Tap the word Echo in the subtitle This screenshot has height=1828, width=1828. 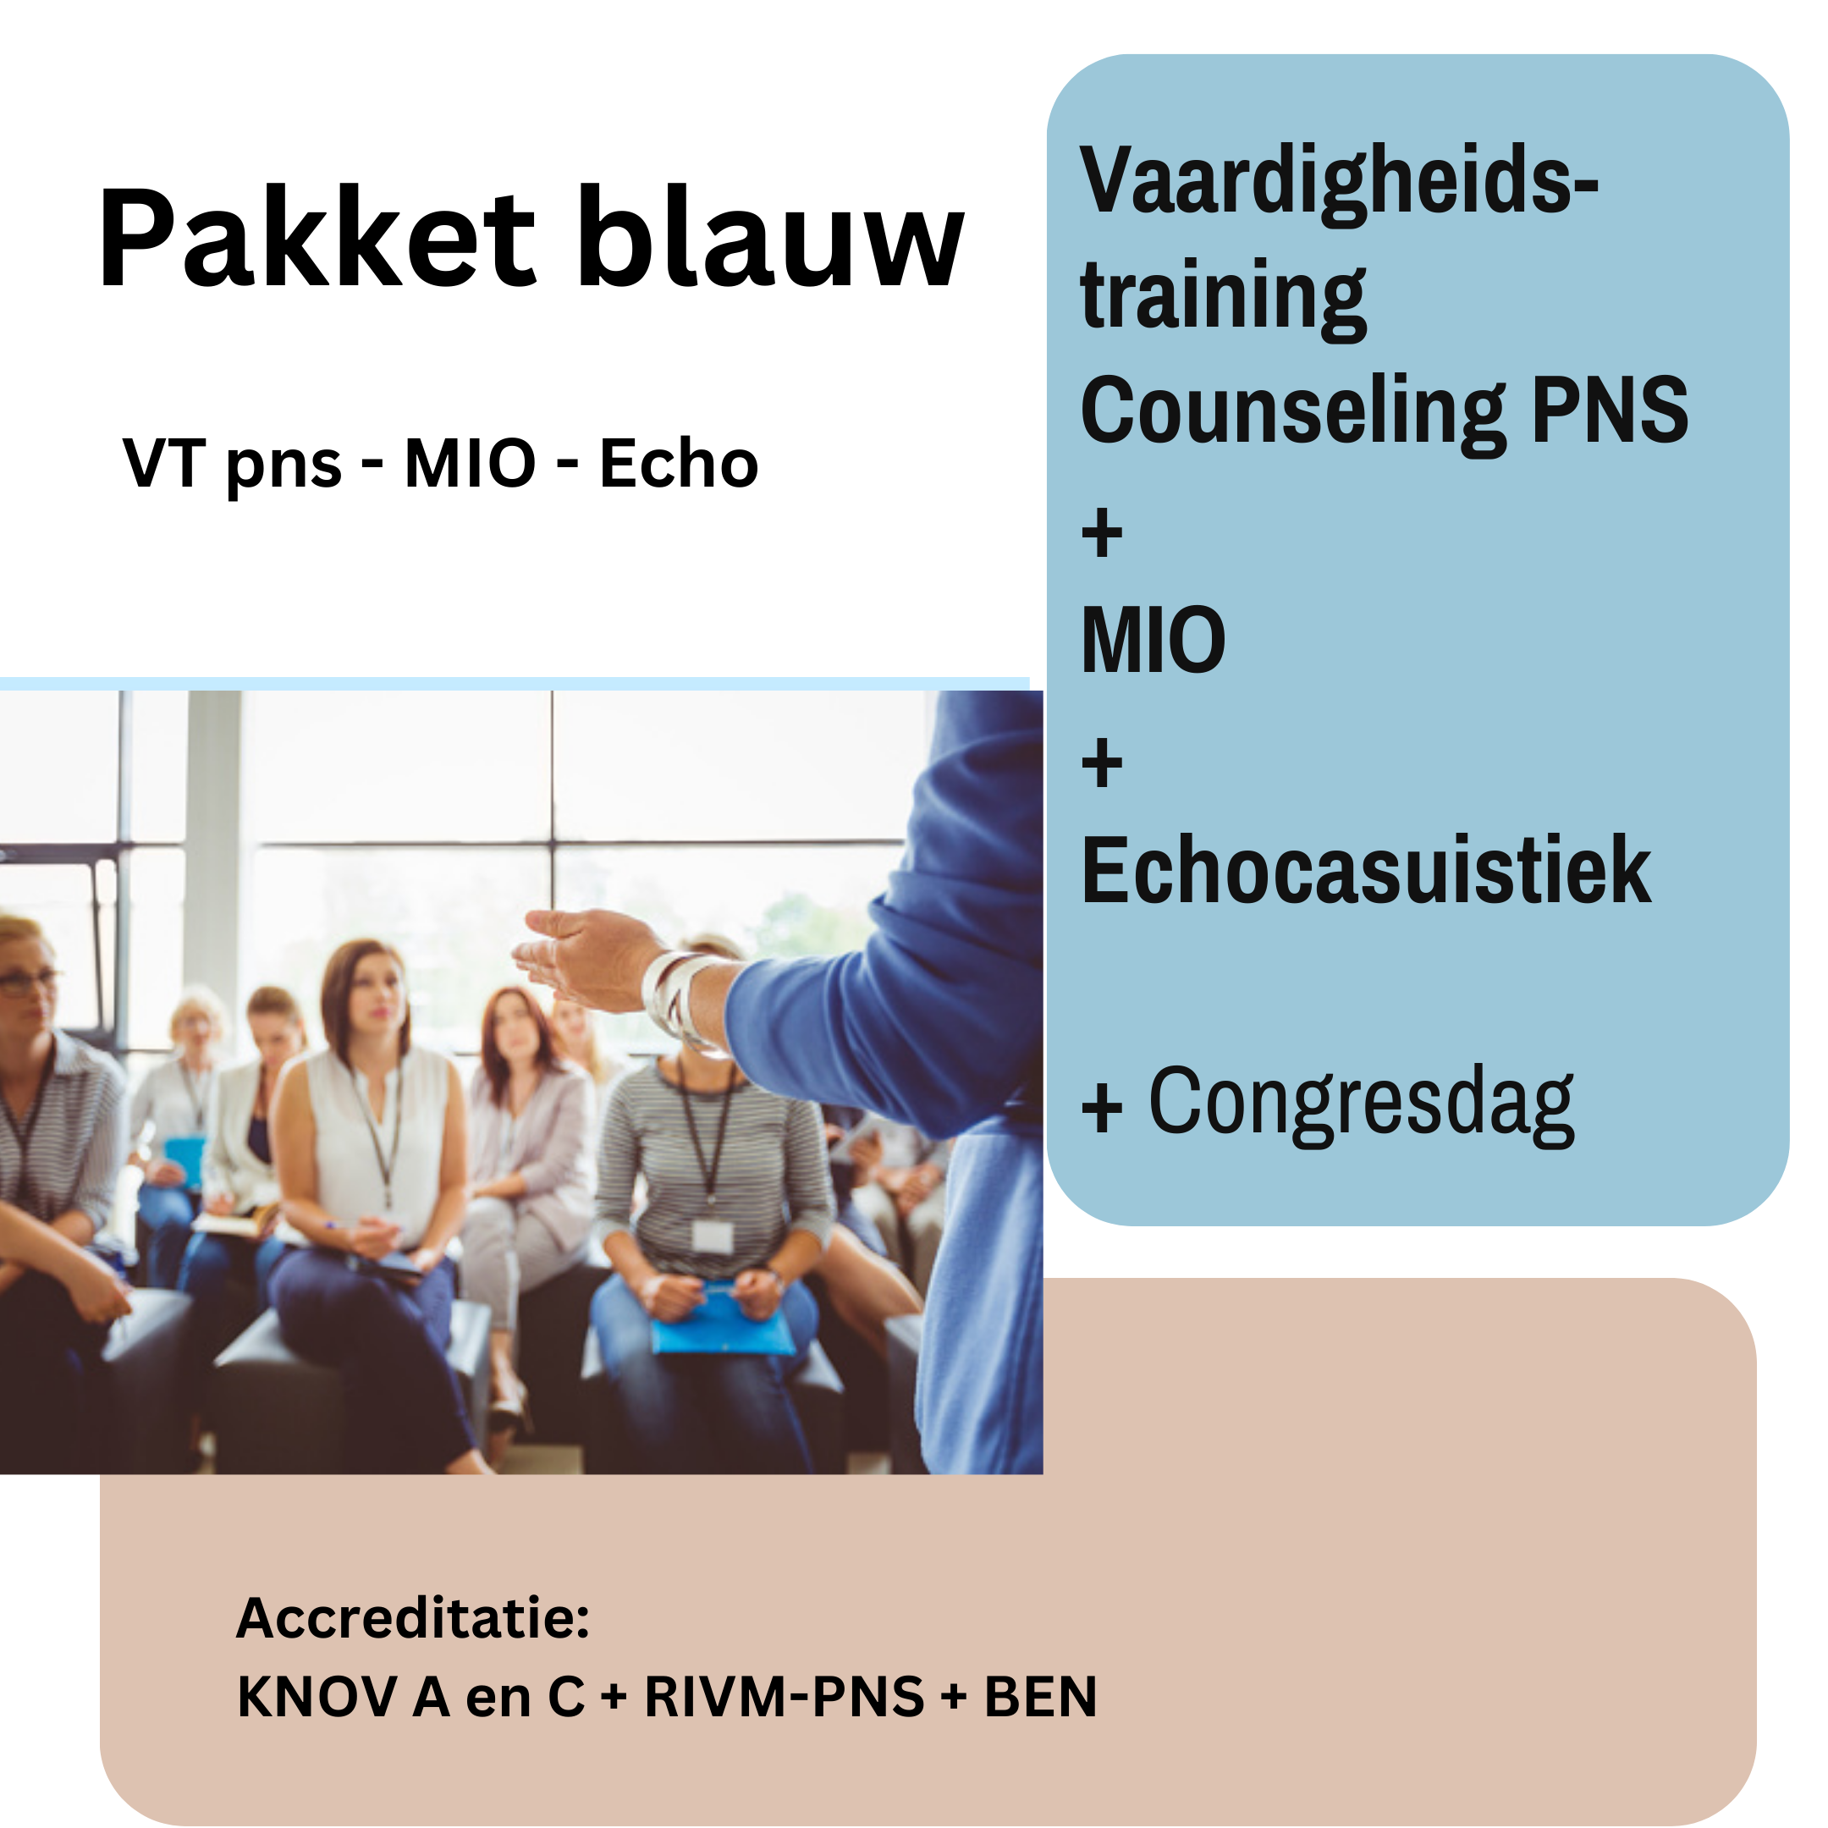[680, 464]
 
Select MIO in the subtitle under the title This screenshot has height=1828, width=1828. [471, 464]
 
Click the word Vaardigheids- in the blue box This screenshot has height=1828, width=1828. [1339, 183]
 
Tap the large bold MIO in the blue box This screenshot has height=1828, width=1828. [1154, 640]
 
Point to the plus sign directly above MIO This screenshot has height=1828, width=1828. [1102, 535]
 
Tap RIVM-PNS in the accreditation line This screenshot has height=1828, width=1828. [785, 1697]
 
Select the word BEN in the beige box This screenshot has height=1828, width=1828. [1041, 1697]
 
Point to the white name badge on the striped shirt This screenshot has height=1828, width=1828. [712, 1236]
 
